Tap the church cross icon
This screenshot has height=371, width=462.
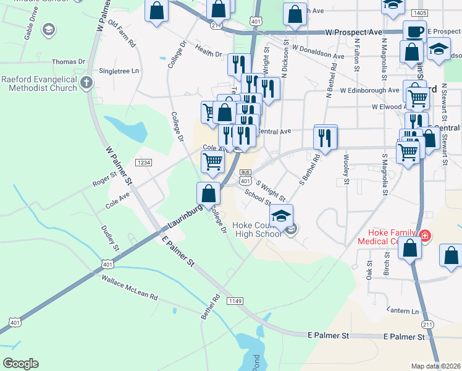(87, 83)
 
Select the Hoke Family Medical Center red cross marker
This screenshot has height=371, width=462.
(425, 235)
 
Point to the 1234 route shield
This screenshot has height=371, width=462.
(143, 163)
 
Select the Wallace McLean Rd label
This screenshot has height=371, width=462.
(129, 289)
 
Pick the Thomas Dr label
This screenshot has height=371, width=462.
(69, 62)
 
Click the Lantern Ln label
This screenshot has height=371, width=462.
(403, 310)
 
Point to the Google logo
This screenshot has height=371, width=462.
(20, 364)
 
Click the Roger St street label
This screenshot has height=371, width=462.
(104, 179)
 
